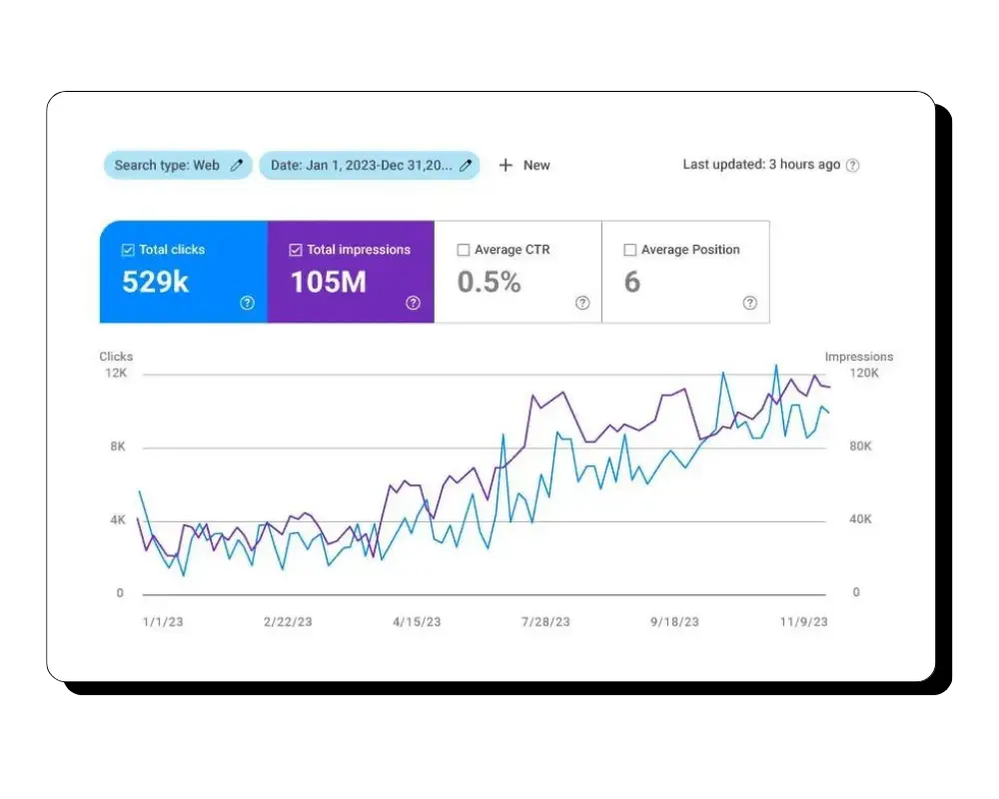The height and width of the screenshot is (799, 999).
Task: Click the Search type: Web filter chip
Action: (x=177, y=166)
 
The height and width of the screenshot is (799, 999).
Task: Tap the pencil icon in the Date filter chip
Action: (x=465, y=166)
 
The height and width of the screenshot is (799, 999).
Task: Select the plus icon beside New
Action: (x=505, y=165)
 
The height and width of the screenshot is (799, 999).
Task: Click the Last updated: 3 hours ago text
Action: (x=761, y=165)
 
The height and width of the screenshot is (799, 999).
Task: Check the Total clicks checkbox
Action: (x=128, y=250)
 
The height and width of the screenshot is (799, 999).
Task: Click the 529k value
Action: (x=155, y=283)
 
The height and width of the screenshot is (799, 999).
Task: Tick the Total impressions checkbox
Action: (x=296, y=250)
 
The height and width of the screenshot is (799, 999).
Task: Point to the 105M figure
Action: (x=329, y=283)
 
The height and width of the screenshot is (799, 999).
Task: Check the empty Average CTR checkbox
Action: (x=464, y=250)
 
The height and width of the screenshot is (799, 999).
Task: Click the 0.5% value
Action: (x=490, y=283)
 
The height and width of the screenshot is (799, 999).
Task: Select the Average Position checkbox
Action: (x=630, y=250)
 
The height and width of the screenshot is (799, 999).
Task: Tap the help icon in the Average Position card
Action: (x=749, y=303)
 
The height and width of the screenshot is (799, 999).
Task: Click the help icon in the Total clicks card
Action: (x=248, y=303)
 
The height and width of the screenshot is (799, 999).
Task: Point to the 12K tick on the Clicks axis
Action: (x=117, y=374)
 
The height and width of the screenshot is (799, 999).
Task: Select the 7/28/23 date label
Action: (x=545, y=621)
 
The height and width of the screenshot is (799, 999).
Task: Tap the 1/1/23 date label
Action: (x=163, y=621)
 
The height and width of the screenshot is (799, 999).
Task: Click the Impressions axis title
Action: (x=858, y=357)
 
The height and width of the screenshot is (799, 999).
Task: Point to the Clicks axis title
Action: (x=116, y=357)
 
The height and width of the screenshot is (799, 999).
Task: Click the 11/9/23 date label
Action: (x=803, y=621)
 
